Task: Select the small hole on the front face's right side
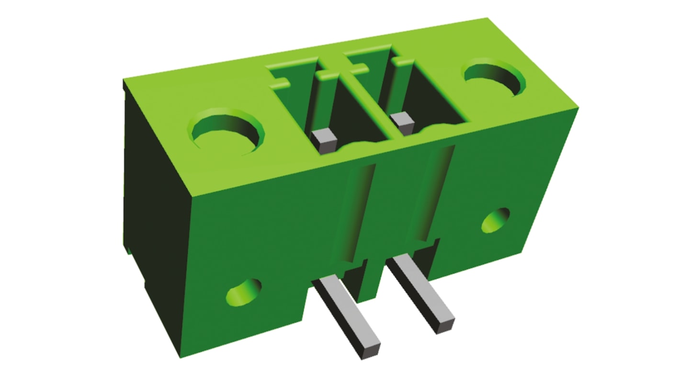tap(495, 220)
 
